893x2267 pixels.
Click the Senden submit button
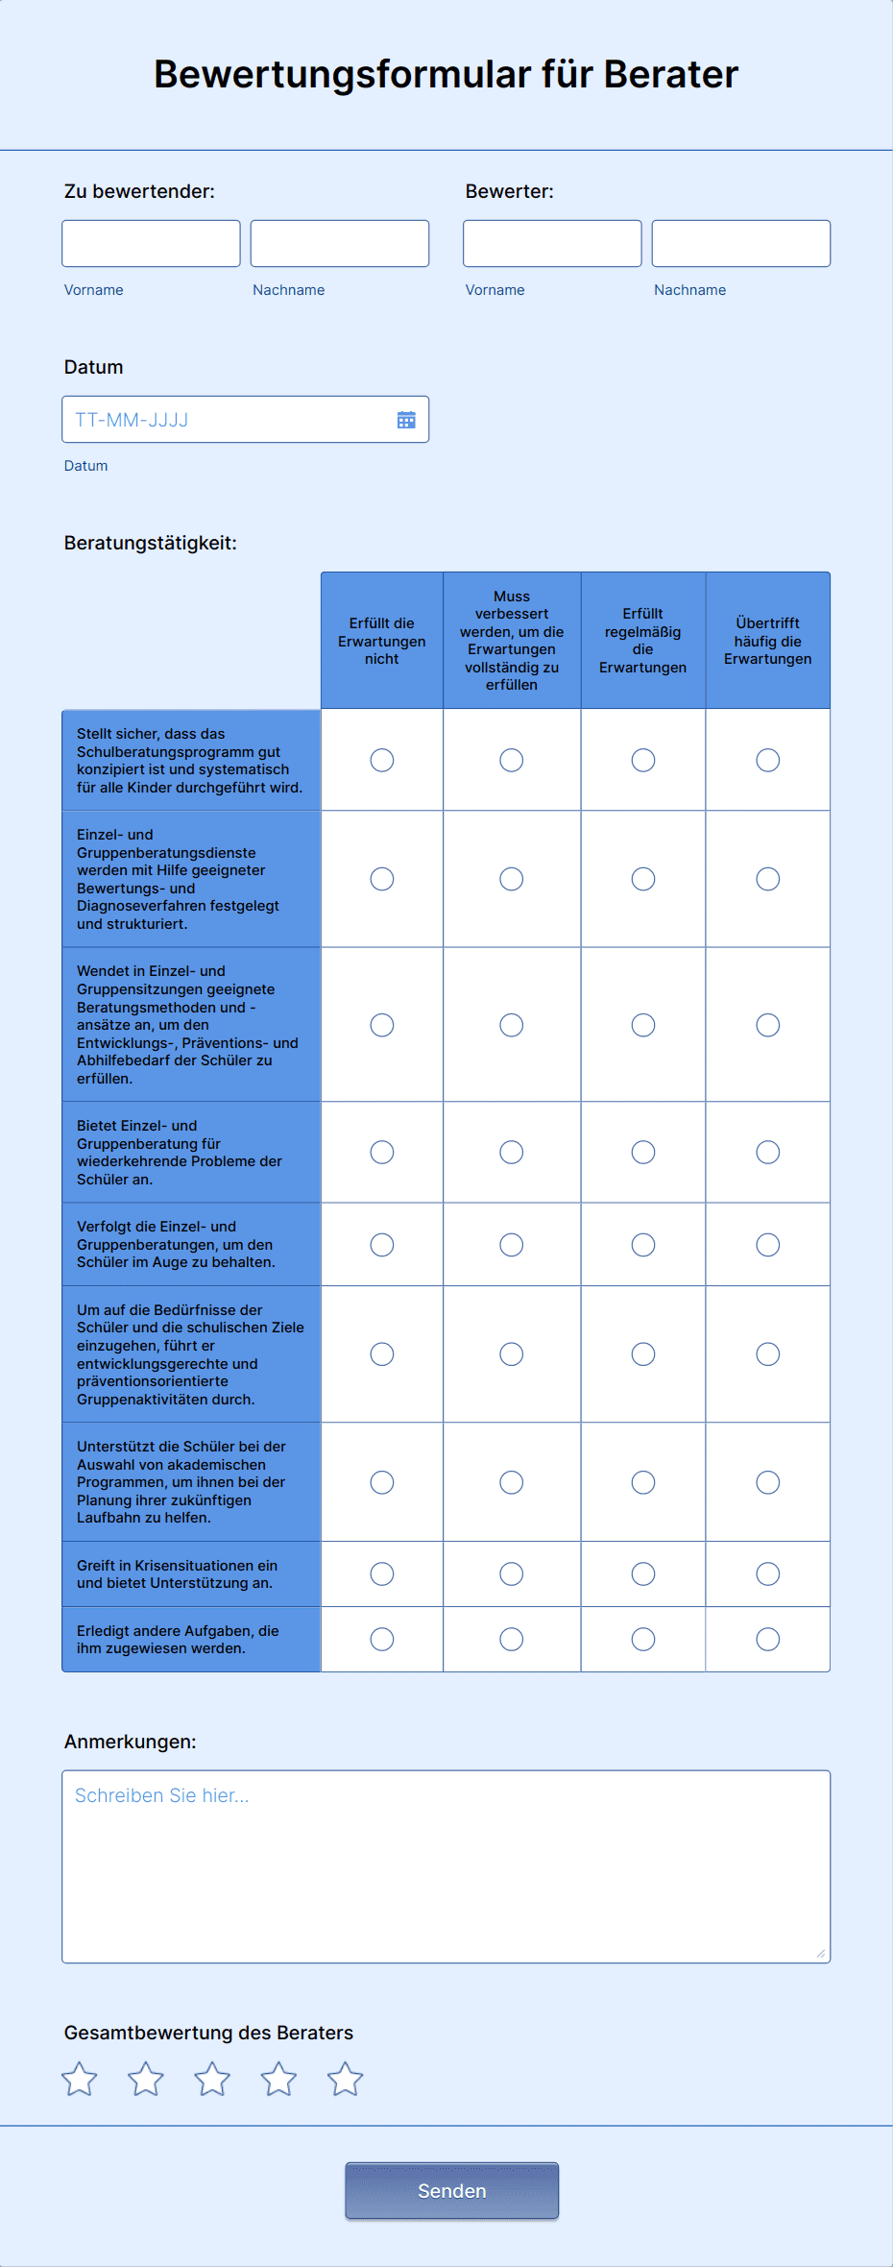coord(451,2190)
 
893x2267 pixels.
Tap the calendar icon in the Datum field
coord(406,420)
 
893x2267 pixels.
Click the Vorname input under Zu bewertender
coord(151,243)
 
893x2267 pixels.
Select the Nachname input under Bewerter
coord(740,243)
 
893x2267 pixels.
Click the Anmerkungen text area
coord(446,1865)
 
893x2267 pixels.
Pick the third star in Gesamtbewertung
coord(212,2080)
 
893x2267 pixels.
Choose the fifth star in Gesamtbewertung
coord(345,2080)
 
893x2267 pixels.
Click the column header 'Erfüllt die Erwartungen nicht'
coord(381,641)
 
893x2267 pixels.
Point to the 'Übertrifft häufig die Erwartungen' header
coord(767,641)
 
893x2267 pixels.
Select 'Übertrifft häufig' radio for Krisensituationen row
coord(767,1573)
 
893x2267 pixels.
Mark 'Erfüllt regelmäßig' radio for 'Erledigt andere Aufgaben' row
coord(642,1639)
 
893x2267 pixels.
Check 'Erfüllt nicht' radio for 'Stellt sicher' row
coord(381,760)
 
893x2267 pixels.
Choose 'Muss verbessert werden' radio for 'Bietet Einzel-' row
coord(511,1152)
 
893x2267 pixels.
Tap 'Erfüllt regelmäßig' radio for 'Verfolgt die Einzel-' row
coord(642,1245)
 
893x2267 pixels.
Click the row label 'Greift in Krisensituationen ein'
coord(177,1573)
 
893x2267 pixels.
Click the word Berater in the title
coord(670,74)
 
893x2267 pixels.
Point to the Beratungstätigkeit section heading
coord(150,543)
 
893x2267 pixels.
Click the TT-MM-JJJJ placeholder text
coord(132,420)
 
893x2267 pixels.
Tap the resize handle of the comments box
coord(821,1953)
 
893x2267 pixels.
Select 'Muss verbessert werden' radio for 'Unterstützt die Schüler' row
coord(511,1482)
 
